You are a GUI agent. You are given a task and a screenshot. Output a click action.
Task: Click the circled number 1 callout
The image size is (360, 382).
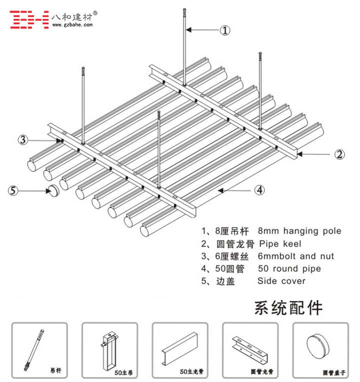coord(225,30)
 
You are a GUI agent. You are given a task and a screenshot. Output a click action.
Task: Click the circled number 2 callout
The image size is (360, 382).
coord(339,154)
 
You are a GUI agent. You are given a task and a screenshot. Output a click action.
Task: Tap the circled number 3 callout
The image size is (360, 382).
coord(22,139)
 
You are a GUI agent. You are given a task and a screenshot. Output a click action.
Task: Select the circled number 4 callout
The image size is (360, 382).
coord(259,190)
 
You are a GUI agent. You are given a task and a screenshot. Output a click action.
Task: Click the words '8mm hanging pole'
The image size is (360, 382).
coord(299,231)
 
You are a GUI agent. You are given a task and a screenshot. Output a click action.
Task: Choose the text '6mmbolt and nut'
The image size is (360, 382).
coord(295,256)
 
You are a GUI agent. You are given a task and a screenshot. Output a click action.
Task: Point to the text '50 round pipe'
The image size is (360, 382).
coord(289,269)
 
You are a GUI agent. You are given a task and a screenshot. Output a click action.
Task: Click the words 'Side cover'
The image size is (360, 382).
coord(281,281)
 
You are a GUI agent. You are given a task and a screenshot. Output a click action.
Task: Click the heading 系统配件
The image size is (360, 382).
coord(288,307)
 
